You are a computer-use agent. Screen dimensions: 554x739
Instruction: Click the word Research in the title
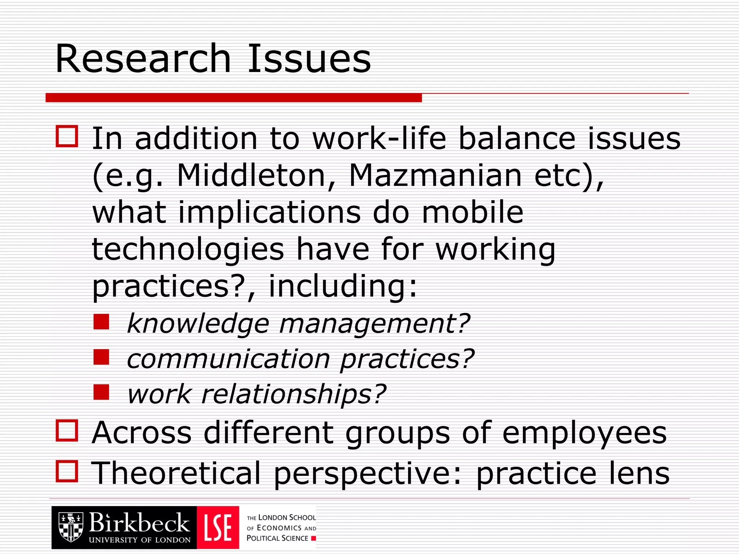click(143, 58)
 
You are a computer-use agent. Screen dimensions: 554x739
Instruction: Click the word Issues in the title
click(309, 58)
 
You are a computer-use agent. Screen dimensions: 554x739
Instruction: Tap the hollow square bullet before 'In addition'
click(67, 136)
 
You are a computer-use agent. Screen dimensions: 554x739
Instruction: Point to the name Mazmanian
click(435, 176)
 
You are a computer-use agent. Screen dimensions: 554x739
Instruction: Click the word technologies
click(188, 250)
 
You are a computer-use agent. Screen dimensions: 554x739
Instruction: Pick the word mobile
click(472, 212)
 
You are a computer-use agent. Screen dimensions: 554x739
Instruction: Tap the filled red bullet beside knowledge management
click(101, 322)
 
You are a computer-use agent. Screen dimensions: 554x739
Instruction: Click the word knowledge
click(198, 324)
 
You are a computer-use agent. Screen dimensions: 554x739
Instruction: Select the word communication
click(228, 359)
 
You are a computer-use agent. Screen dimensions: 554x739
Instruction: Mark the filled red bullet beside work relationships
click(101, 392)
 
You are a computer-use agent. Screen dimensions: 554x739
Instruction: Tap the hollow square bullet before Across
click(67, 430)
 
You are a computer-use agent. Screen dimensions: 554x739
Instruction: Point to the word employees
click(584, 433)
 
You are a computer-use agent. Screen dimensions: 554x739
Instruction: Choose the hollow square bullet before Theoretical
click(67, 471)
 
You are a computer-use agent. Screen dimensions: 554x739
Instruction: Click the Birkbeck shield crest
click(71, 527)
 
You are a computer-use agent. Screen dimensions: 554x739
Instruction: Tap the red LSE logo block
click(218, 527)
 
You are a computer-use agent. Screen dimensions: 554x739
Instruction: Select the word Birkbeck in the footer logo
click(139, 523)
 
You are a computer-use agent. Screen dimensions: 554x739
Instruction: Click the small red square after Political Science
click(313, 538)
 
